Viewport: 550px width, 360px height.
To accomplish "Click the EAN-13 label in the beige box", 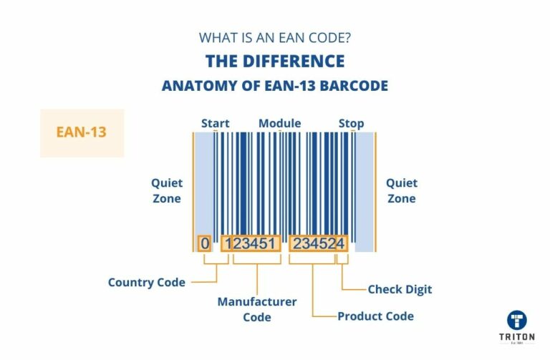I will [82, 132].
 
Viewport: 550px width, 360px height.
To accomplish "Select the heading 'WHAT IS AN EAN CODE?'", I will [275, 37].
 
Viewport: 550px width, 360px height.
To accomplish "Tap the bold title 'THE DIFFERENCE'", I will [275, 61].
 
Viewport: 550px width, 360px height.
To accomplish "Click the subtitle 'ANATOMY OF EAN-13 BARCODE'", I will [275, 86].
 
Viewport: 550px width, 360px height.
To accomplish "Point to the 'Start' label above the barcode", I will [215, 123].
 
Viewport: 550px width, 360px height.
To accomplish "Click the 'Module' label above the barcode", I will [279, 123].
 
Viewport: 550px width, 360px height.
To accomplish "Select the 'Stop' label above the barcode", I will [351, 123].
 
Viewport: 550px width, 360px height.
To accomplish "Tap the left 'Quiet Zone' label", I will [167, 191].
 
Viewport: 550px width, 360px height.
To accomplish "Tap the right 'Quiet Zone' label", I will [401, 191].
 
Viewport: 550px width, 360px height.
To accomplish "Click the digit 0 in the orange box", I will [205, 243].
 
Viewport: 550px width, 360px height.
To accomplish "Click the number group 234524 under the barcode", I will [318, 243].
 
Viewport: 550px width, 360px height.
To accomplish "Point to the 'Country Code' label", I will [146, 282].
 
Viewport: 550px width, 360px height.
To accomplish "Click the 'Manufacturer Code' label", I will [256, 309].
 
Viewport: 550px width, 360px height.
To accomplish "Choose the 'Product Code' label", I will [375, 316].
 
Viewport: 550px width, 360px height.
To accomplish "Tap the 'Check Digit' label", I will [400, 289].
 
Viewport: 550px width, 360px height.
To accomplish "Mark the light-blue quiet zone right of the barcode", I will [364, 190].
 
